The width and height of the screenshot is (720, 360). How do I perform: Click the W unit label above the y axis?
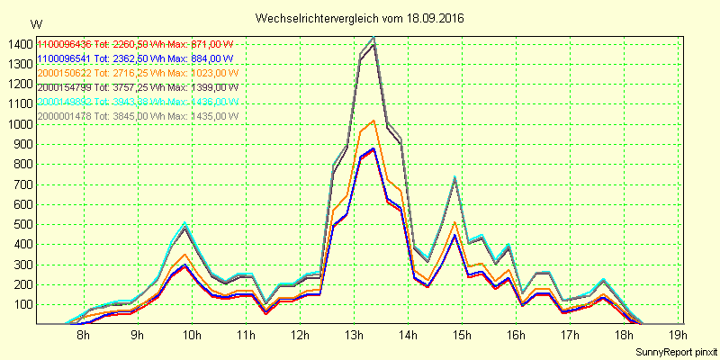pos(35,23)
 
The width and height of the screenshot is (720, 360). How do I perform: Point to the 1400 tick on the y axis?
pos(17,44)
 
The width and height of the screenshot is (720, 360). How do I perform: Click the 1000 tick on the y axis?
pos(17,124)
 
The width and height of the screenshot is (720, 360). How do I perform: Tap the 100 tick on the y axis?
pos(20,304)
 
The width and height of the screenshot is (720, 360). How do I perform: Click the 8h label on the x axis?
pos(83,336)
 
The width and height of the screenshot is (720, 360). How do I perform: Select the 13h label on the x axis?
pos(354,336)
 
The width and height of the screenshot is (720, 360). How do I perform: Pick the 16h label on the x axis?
pos(516,336)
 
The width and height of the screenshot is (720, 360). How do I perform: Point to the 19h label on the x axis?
pos(679,336)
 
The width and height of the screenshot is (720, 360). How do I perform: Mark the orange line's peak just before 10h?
pos(184,254)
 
